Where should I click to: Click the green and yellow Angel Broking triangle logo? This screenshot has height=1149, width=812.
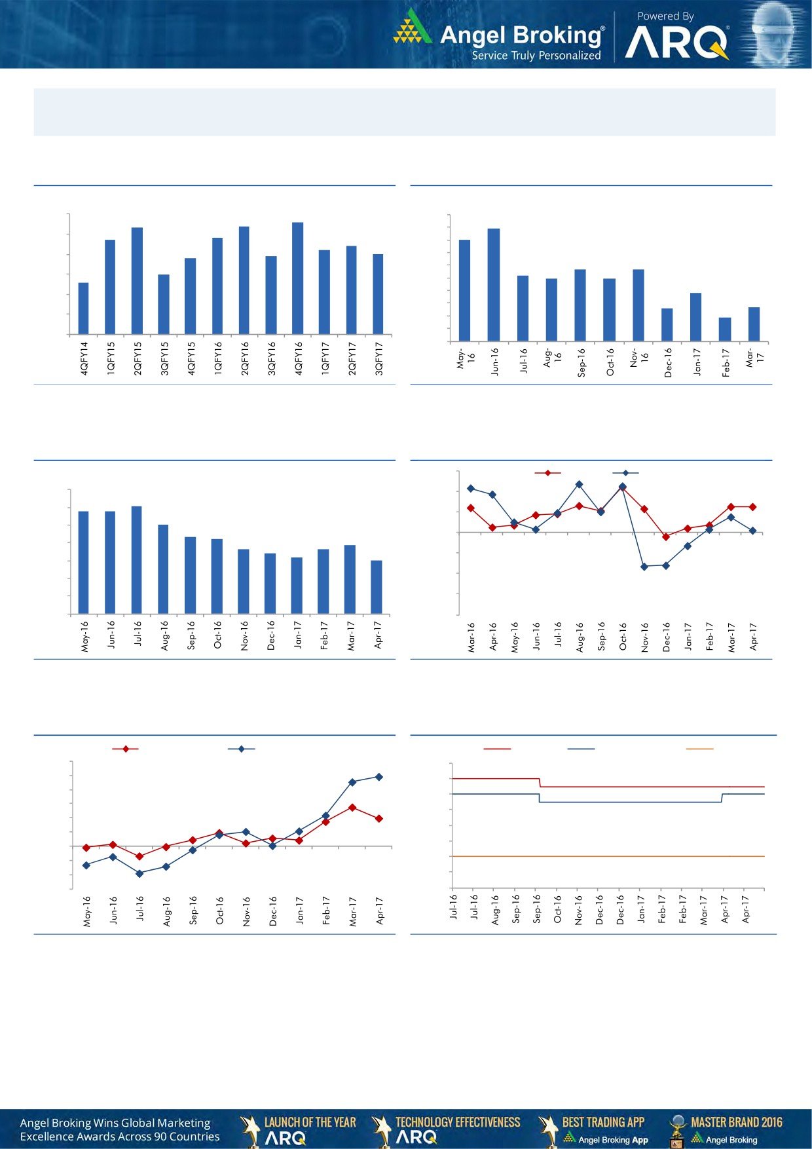(x=413, y=28)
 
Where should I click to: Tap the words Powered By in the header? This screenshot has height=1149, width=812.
(x=665, y=16)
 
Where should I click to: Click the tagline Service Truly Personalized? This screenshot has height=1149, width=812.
(x=536, y=56)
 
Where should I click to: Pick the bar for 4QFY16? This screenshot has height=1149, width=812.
(x=297, y=278)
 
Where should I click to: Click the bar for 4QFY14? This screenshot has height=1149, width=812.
(x=83, y=309)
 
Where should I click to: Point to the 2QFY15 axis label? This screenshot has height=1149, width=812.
(x=138, y=358)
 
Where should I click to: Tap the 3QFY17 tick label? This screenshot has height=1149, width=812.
(x=378, y=358)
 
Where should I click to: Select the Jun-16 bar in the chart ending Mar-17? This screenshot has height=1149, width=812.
(x=494, y=285)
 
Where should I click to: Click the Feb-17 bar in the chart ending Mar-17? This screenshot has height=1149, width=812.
(x=725, y=330)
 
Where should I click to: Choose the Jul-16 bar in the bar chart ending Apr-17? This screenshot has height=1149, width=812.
(x=137, y=560)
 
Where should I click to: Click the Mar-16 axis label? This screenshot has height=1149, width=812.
(x=471, y=637)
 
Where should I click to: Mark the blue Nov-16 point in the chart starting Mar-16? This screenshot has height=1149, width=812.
(x=644, y=567)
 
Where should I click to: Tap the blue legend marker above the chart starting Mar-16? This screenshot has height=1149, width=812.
(x=625, y=473)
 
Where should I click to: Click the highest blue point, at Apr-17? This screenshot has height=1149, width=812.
(x=379, y=777)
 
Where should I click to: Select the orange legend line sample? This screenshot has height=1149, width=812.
(x=699, y=749)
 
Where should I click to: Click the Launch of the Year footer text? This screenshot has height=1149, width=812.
(x=310, y=1122)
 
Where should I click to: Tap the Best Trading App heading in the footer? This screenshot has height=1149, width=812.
(x=603, y=1122)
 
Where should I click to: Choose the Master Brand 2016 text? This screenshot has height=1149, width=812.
(x=736, y=1122)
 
